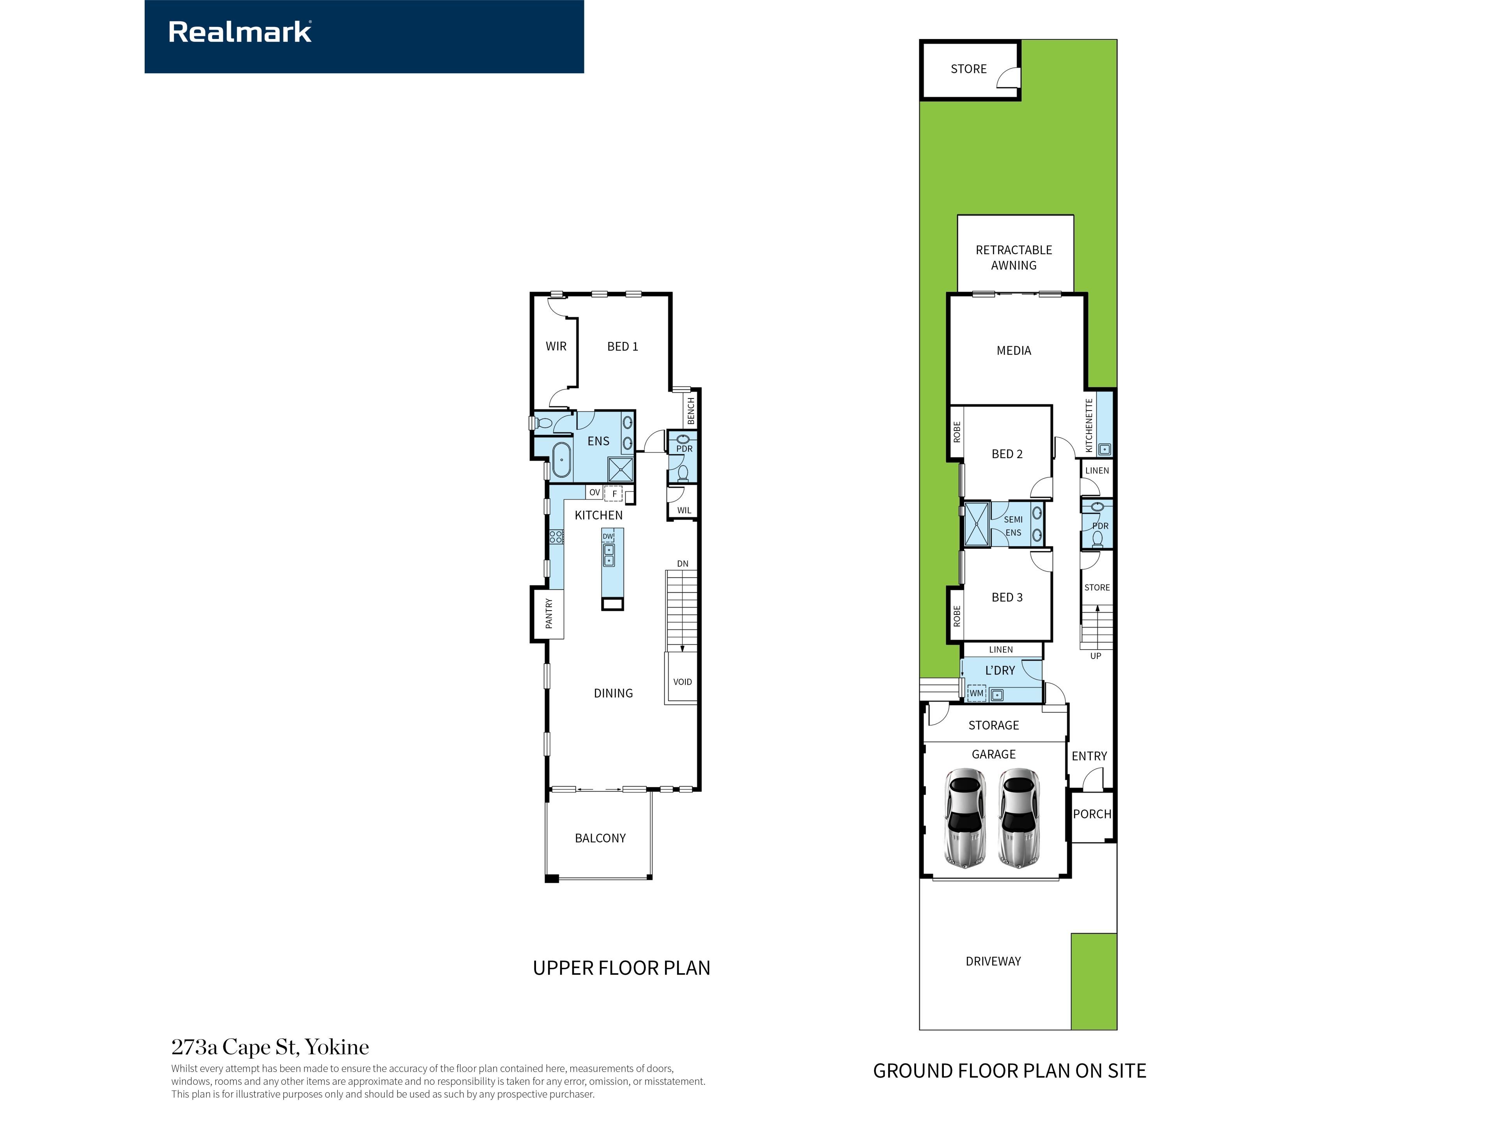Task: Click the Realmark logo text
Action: (240, 32)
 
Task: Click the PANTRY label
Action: (549, 613)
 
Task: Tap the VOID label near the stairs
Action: (682, 682)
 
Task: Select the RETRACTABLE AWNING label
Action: (1014, 258)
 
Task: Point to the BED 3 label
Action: (1007, 597)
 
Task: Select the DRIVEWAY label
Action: (993, 961)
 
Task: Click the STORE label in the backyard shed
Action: (968, 69)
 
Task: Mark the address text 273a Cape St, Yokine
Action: (270, 1047)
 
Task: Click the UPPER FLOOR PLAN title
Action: (621, 968)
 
